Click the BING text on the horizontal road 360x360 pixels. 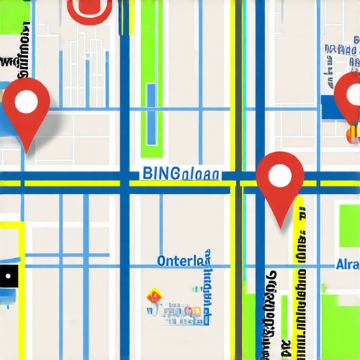coord(160,173)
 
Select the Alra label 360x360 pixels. coord(347,265)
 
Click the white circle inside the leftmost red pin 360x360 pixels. coord(26,103)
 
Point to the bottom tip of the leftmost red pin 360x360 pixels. coord(27,151)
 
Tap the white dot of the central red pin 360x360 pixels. coord(280,176)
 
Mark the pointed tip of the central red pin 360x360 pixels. coord(281,227)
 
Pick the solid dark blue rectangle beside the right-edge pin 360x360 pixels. coord(329,105)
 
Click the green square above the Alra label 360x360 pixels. coord(349,225)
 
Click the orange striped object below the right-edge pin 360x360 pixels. coord(352,131)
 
